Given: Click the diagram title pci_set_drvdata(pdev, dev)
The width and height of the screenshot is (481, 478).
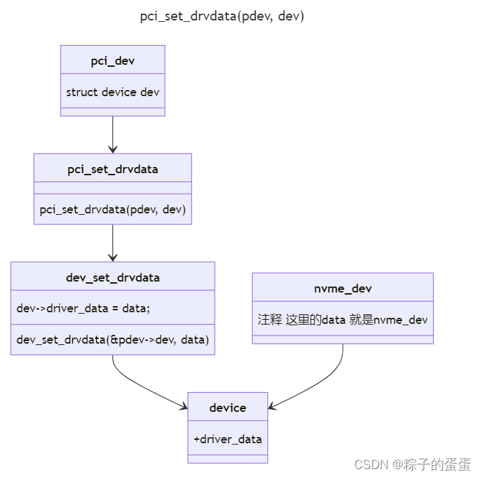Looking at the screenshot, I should tap(222, 17).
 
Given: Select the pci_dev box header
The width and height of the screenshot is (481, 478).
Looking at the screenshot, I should tap(112, 61).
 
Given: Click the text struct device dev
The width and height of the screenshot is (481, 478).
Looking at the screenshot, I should tap(112, 91).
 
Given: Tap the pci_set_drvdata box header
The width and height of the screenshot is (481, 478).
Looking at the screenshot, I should tap(112, 168).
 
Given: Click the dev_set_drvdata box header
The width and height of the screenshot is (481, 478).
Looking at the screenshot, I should tap(112, 277).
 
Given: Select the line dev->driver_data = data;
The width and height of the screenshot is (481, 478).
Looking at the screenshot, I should tap(83, 308).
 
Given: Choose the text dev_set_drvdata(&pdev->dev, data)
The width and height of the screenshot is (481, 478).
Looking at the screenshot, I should tap(112, 339).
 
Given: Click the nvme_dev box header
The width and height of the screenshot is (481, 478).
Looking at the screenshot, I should tap(343, 288).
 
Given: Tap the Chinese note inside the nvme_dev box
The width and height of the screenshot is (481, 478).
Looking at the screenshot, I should tap(343, 319).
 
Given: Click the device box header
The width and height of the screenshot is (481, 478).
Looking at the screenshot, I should tap(228, 408).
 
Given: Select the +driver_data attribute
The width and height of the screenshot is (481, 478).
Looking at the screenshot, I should tap(228, 439).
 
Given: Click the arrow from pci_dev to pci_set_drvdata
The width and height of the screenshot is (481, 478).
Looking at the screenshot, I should tap(112, 134).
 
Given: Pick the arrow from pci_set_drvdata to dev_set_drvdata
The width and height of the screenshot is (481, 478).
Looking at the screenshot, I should tap(112, 243).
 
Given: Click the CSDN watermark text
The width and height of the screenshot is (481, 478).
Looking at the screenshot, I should tap(412, 464).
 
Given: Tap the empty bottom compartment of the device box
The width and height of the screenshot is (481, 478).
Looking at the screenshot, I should tap(228, 459).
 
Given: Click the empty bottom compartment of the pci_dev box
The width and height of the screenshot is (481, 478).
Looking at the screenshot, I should tap(112, 112).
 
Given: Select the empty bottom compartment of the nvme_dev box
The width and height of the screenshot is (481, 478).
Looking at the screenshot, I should tap(343, 340).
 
